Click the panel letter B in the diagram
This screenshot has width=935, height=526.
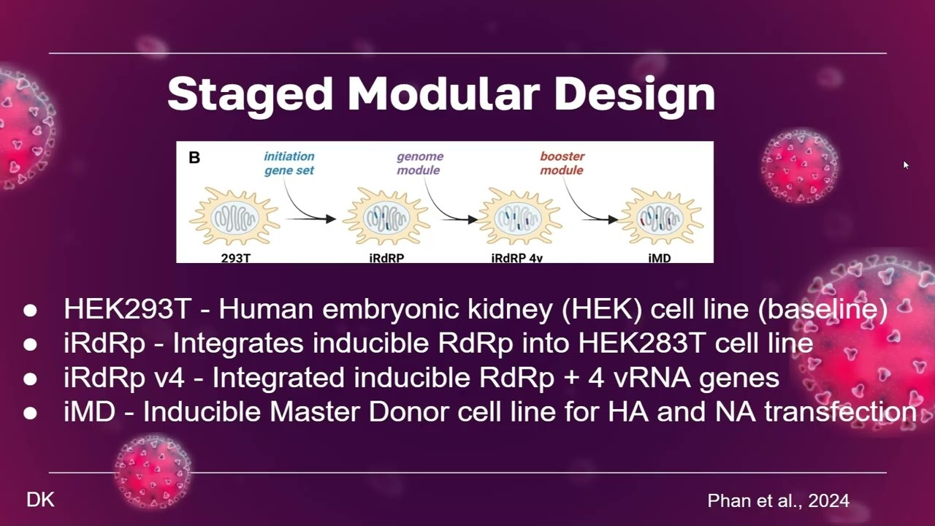194,157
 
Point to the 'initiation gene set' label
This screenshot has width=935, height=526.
289,163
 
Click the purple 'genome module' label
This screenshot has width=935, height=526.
420,163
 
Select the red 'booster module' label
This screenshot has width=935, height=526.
562,163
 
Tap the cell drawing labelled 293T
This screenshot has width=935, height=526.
234,216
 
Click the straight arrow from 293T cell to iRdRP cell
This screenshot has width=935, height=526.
310,218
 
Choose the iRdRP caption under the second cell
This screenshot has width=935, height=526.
386,258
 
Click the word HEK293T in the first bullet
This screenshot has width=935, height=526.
127,309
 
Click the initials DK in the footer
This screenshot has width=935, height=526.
40,500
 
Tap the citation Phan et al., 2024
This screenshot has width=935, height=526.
778,500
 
